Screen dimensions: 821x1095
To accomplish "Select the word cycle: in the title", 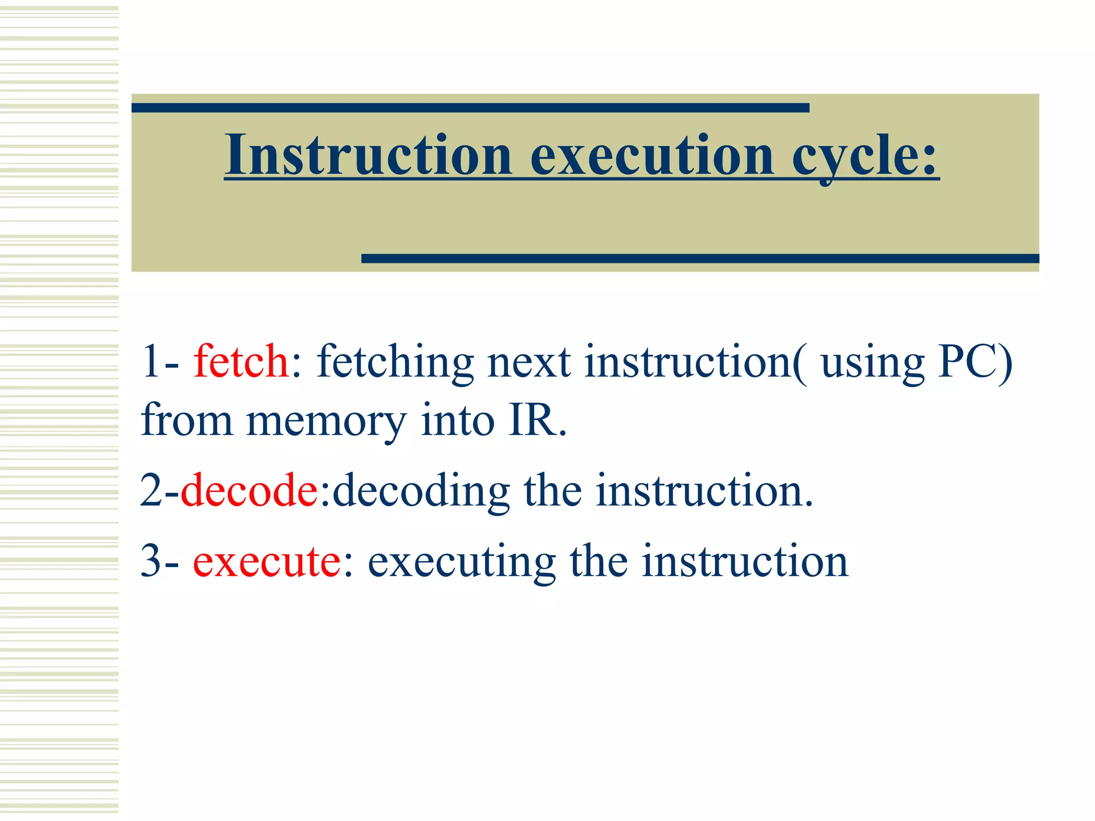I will (x=865, y=157).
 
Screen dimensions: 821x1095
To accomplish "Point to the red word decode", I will (x=250, y=490).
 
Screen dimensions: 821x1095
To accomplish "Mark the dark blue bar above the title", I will (x=470, y=108).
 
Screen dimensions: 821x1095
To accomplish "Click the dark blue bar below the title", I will (x=700, y=259).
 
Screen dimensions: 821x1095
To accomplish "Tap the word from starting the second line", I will (x=187, y=421).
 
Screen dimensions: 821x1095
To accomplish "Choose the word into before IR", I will (x=457, y=421).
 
